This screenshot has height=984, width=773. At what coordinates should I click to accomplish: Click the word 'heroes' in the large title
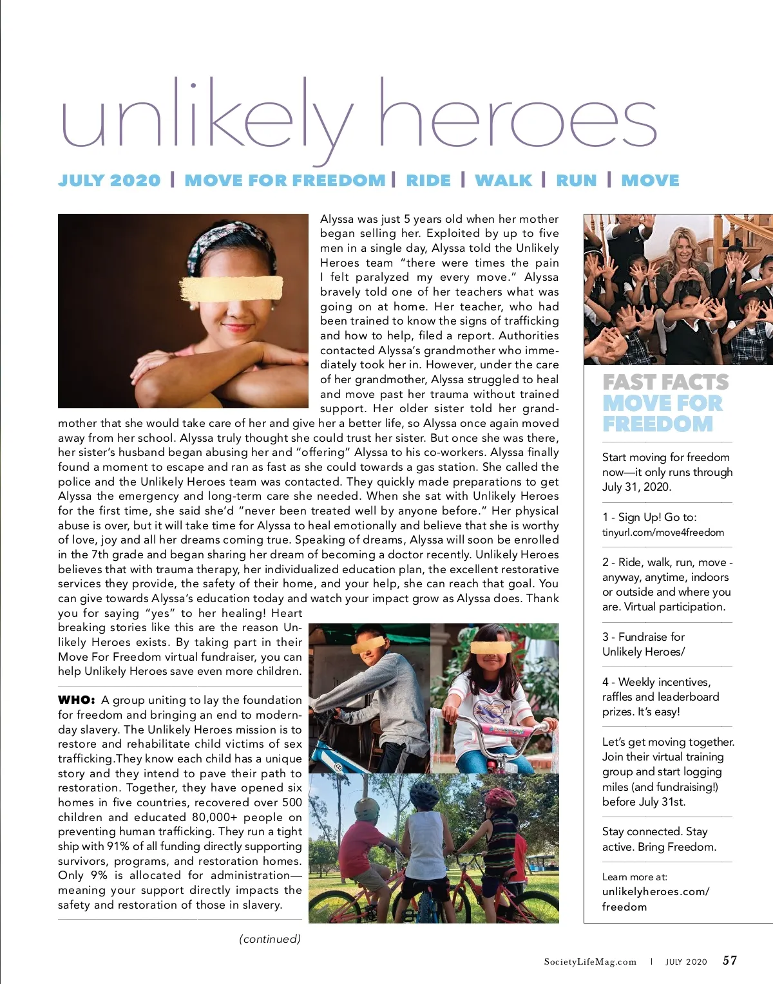pyautogui.click(x=517, y=120)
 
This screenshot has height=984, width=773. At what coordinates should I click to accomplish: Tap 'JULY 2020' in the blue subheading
pyautogui.click(x=109, y=181)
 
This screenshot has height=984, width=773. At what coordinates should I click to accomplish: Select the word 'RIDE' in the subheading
pyautogui.click(x=428, y=181)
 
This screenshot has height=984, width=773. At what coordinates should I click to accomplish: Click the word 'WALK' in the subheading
pyautogui.click(x=503, y=181)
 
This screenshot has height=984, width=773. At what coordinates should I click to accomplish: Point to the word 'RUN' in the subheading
pyautogui.click(x=576, y=181)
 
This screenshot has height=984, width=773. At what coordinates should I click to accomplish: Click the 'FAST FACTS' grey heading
pyautogui.click(x=665, y=383)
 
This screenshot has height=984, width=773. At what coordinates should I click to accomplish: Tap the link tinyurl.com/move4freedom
pyautogui.click(x=663, y=533)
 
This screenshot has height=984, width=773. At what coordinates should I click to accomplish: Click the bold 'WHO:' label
pyautogui.click(x=77, y=700)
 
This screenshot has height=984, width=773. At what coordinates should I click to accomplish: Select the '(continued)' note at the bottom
pyautogui.click(x=270, y=939)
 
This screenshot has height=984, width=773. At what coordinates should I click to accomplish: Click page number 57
pyautogui.click(x=730, y=961)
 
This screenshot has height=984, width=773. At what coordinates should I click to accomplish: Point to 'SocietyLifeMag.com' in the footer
pyautogui.click(x=590, y=962)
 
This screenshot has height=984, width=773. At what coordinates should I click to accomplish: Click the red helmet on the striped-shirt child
pyautogui.click(x=500, y=799)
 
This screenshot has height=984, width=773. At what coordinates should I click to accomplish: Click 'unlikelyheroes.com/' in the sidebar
pyautogui.click(x=655, y=892)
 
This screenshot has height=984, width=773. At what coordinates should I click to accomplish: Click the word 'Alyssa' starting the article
pyautogui.click(x=337, y=219)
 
